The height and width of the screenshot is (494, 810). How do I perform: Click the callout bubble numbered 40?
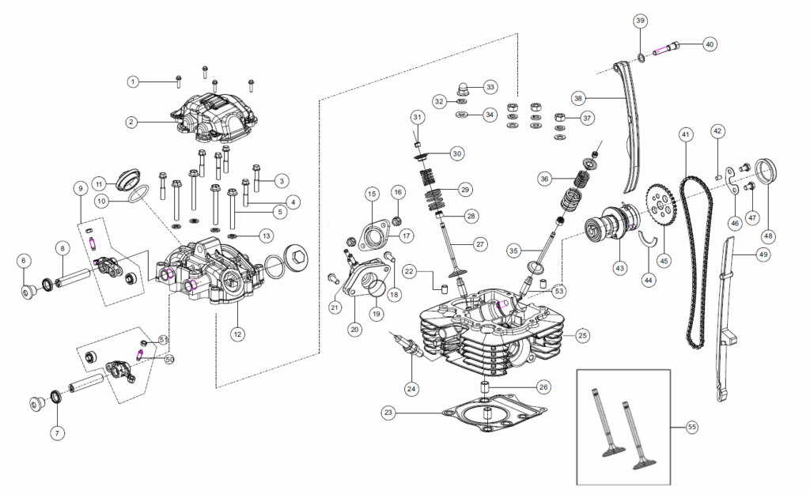click(710, 44)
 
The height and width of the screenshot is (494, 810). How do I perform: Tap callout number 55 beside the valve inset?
click(692, 427)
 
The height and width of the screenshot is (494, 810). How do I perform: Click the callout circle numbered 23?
click(388, 413)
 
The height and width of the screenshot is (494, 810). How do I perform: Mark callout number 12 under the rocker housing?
click(236, 334)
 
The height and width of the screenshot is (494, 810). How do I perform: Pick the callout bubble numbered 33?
click(490, 86)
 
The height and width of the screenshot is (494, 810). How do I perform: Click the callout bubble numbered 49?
click(763, 254)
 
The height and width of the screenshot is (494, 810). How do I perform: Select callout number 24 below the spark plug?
click(411, 388)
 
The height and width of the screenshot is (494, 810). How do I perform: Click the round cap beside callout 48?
click(769, 174)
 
